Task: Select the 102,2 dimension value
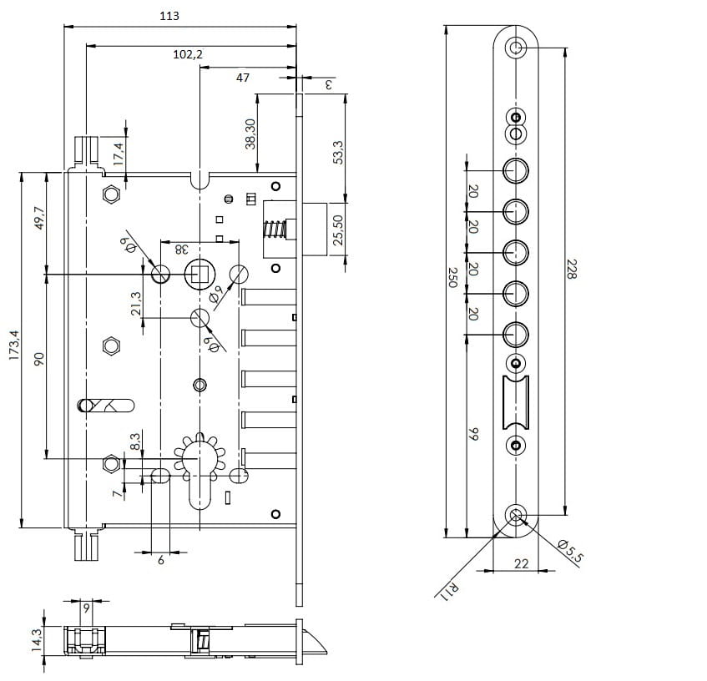click(188, 54)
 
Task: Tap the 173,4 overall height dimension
click(14, 351)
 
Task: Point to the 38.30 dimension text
click(250, 133)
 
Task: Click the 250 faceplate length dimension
click(453, 277)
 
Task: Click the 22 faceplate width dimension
click(521, 564)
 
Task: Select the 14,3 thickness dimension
click(36, 641)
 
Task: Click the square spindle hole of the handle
click(199, 273)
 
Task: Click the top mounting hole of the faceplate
click(516, 47)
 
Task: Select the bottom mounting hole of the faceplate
click(517, 514)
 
